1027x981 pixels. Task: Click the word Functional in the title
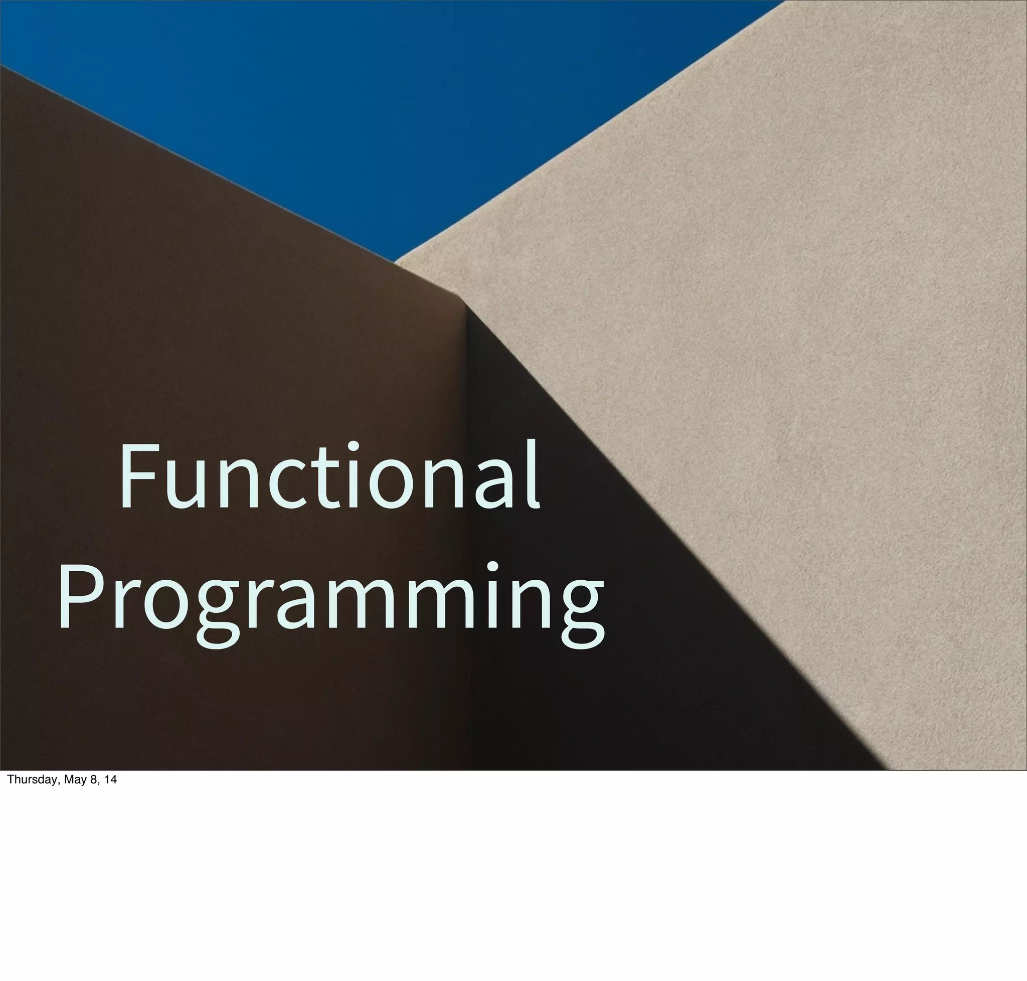329,476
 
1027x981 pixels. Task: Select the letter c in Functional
287,483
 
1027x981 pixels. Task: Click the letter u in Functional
183,483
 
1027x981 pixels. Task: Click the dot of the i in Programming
492,567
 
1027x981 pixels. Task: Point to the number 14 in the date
110,780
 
